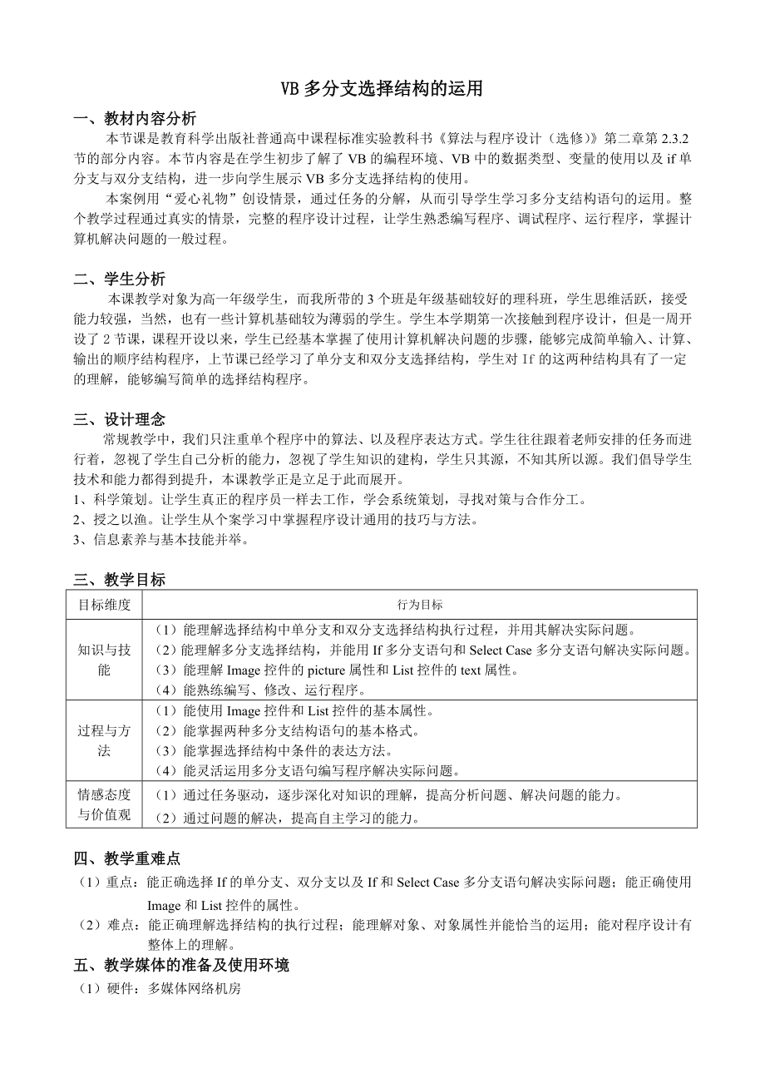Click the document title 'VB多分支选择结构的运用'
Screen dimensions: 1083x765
point(382,90)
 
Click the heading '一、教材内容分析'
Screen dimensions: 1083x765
point(136,117)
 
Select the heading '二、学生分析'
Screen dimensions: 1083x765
point(120,279)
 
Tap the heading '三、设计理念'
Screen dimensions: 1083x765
point(120,420)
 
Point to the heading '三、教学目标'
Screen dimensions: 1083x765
point(120,580)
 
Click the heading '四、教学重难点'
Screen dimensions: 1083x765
point(127,858)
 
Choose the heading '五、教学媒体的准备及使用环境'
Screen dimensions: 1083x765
point(181,966)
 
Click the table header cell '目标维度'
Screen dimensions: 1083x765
point(105,605)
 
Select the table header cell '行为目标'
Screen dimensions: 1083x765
point(420,605)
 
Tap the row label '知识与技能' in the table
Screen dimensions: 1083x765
point(105,660)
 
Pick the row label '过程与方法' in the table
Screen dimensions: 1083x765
point(105,740)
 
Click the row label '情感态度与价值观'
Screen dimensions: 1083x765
point(105,804)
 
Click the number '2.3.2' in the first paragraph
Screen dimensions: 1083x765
point(678,137)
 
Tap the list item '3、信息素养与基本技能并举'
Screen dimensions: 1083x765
point(160,539)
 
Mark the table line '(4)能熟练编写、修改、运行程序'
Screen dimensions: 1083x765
point(261,690)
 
